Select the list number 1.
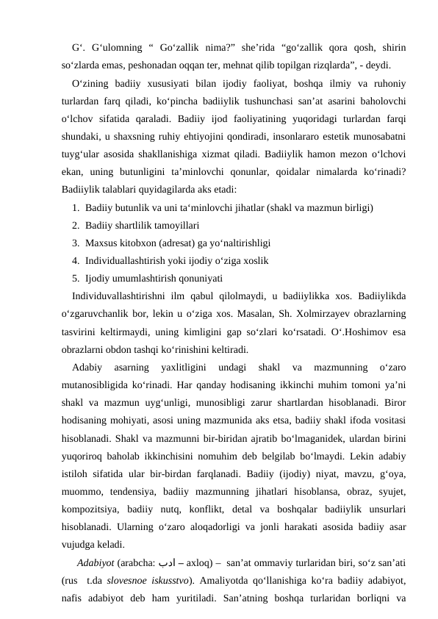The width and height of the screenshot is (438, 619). [x=76, y=207]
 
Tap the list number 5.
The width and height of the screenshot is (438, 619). [x=76, y=278]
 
